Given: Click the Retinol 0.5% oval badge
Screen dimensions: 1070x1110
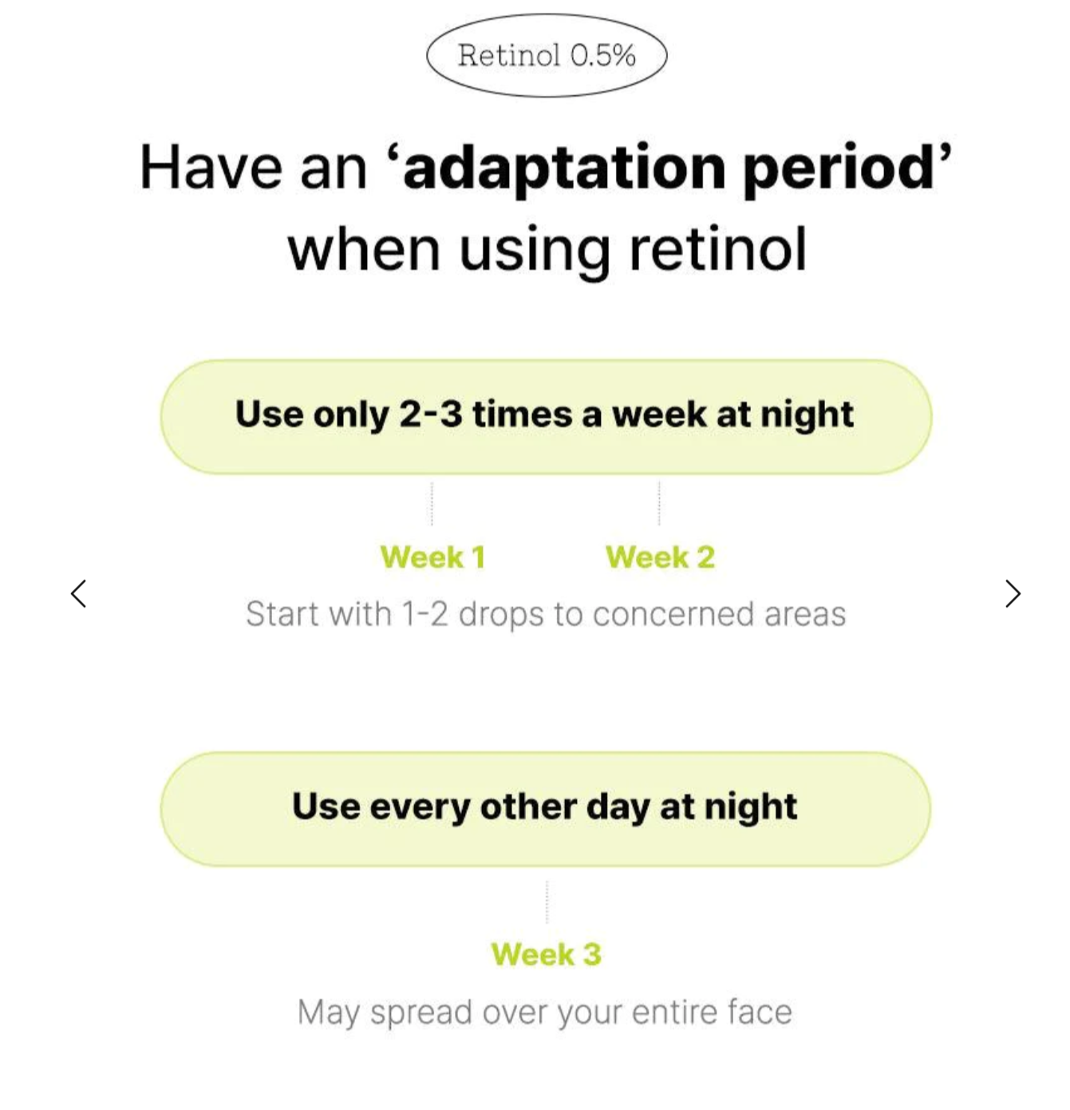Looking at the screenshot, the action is (x=546, y=55).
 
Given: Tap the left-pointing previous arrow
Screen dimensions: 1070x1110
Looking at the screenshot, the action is (x=78, y=594).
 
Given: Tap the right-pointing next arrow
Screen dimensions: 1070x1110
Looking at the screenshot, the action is (x=1013, y=594).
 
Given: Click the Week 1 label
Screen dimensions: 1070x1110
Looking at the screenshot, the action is (x=432, y=557).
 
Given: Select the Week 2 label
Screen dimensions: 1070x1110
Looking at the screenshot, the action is (x=660, y=557).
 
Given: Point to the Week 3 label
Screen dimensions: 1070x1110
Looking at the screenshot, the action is (x=546, y=954).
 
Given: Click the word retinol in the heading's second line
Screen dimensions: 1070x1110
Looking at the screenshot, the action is (x=717, y=248).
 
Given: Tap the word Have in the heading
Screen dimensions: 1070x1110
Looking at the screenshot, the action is (x=211, y=167).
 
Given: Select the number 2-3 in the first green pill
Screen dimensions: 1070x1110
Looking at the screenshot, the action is (x=430, y=414).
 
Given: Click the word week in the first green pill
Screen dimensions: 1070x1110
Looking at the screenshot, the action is (x=659, y=414).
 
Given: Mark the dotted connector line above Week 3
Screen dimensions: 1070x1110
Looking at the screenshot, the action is (x=547, y=902).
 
